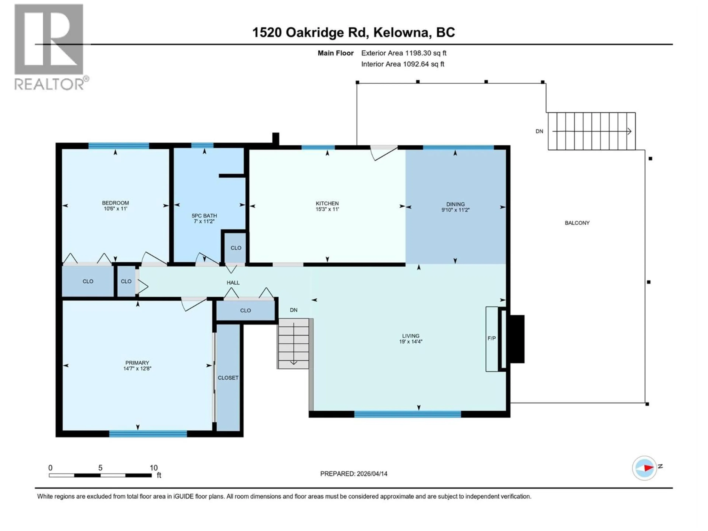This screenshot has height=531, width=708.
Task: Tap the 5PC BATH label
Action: (204, 216)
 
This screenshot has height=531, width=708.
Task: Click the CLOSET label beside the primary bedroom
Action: (228, 378)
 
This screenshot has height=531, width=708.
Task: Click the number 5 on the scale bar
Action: (100, 468)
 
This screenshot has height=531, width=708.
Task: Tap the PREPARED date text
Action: (354, 474)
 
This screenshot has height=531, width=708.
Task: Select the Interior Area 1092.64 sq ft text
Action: (403, 64)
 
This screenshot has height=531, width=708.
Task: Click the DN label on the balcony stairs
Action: (539, 131)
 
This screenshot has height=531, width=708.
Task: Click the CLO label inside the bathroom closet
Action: (236, 248)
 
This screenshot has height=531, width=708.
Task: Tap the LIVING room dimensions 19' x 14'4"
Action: (411, 341)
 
